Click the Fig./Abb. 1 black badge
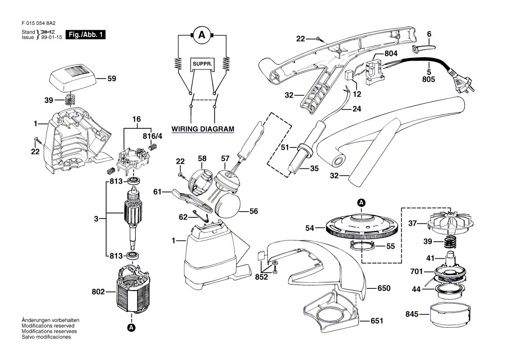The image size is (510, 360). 85,35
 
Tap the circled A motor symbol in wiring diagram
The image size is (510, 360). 202,36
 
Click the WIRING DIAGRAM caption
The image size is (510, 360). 203,129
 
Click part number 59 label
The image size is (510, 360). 112,79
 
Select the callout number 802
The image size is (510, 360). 98,292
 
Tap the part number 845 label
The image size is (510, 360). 412,314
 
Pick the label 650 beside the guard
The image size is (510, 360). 384,288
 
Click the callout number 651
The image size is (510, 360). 377,321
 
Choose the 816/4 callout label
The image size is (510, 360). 152,137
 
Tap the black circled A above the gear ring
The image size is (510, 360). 361,202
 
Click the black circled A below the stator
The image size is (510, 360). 131,327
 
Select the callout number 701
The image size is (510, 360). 417,272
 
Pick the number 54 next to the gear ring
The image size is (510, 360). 310,228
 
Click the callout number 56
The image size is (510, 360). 253,212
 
